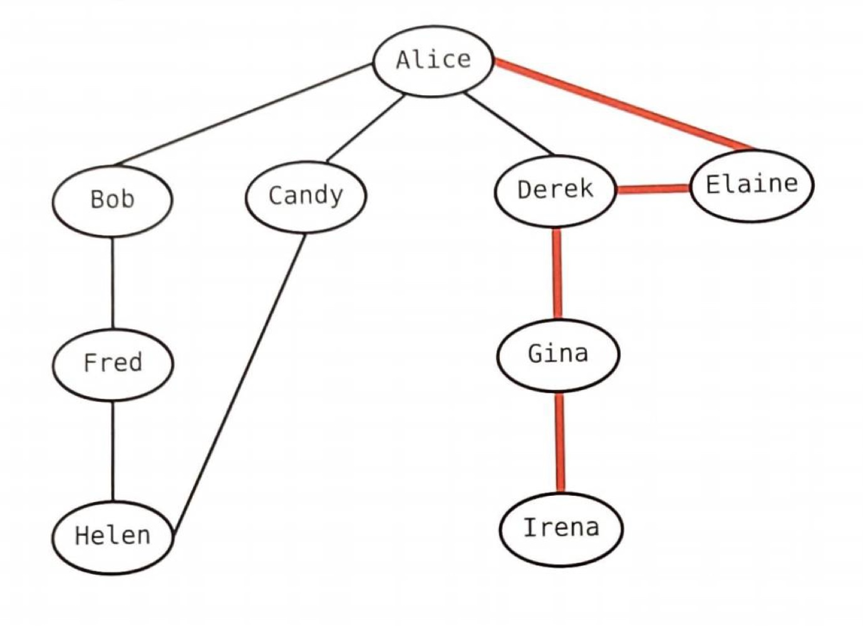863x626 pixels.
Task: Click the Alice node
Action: point(433,61)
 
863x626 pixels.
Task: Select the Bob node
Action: point(112,200)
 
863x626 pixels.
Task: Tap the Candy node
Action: point(305,197)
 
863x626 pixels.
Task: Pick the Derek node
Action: point(555,190)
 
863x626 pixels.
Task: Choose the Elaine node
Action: point(752,185)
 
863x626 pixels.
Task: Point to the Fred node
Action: point(113,364)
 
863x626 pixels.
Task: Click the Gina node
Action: point(558,355)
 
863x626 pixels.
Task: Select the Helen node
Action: point(112,537)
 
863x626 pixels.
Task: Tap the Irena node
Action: point(561,529)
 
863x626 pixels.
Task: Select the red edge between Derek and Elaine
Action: point(653,188)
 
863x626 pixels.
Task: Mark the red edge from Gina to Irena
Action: point(560,442)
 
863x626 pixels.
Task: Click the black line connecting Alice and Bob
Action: point(244,114)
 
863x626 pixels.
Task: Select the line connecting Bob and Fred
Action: point(113,282)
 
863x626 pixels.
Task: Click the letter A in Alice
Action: point(404,60)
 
